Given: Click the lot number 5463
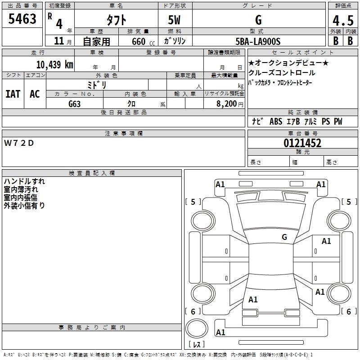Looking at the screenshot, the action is point(22,19).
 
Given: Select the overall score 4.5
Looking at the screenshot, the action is point(342,20).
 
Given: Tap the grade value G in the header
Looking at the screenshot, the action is point(258,20).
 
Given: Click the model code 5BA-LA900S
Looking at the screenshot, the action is point(258,41).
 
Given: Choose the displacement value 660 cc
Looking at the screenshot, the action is point(139,42).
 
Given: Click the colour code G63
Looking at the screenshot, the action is point(74,103).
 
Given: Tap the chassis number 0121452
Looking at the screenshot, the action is point(302,143).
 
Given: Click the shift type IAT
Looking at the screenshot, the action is point(13,94).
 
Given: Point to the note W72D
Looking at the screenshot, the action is point(19,143).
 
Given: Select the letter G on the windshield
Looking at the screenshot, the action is point(284,237).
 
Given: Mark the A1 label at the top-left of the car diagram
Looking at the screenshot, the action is point(220,184).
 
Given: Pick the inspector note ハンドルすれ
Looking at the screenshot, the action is point(24,181).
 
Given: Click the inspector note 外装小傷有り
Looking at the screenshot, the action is point(24,206).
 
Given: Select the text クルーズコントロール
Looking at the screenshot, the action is point(282,73).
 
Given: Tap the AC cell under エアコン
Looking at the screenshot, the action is point(35,94).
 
